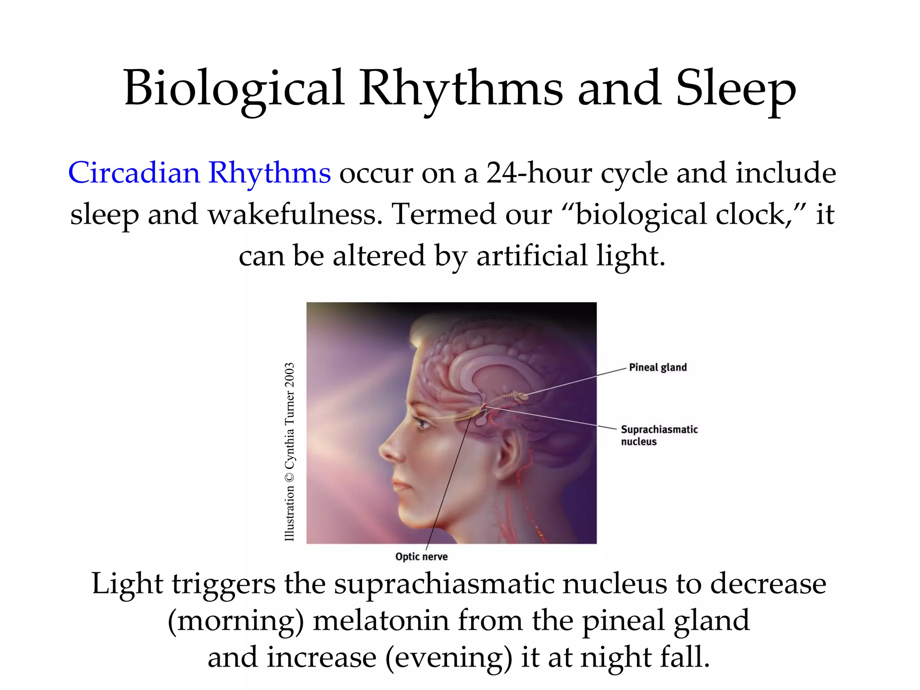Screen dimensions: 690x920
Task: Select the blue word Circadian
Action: tap(134, 172)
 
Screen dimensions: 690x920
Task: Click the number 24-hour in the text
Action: tap(539, 172)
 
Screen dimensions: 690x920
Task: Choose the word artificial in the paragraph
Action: tap(532, 255)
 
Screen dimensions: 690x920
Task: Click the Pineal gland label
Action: tap(658, 367)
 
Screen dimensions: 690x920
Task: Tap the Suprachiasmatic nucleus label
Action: tap(659, 435)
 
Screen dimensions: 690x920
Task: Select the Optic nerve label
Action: tap(421, 557)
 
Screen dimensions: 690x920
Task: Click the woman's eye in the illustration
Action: tap(421, 423)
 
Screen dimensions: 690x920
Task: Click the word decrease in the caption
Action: tap(768, 584)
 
